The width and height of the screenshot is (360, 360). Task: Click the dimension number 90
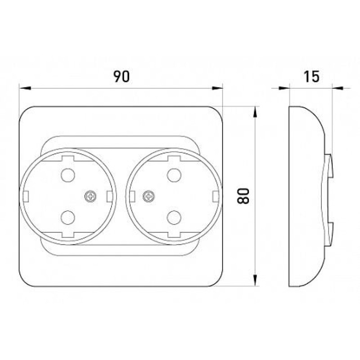(x=121, y=76)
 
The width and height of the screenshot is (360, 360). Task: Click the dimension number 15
(x=311, y=76)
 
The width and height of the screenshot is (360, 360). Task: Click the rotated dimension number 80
(x=243, y=196)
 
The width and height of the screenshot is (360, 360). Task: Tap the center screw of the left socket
(x=91, y=196)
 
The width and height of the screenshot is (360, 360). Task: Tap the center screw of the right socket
(x=149, y=196)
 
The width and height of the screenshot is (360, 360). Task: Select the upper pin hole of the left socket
(x=68, y=175)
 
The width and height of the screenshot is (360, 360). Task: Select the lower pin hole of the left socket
(x=68, y=217)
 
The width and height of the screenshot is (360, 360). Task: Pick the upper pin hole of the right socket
(x=174, y=175)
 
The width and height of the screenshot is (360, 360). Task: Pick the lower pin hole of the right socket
(x=174, y=217)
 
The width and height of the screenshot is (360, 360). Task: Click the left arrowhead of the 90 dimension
(x=25, y=88)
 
